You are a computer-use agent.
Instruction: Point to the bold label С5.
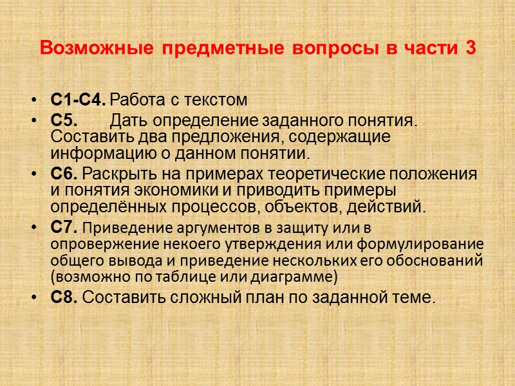click(x=63, y=120)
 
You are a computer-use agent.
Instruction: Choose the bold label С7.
click(x=64, y=227)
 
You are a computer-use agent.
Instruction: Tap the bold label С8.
click(x=64, y=298)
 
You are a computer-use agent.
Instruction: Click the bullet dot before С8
click(x=33, y=298)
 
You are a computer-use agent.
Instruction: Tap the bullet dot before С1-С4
click(x=33, y=101)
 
